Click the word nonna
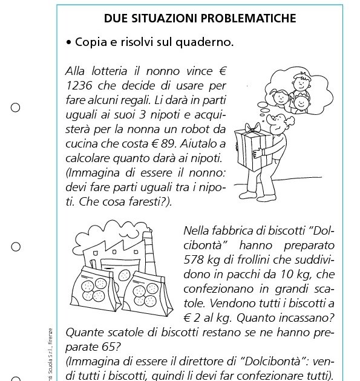click(144, 129)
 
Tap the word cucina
click(83, 143)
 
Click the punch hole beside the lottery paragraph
click(15, 108)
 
